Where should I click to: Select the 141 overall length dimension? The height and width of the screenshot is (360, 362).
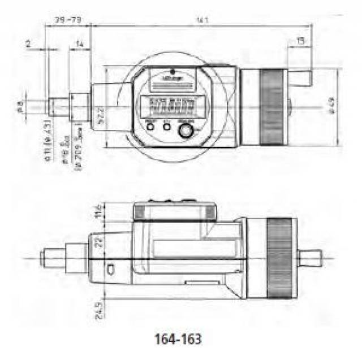(202, 21)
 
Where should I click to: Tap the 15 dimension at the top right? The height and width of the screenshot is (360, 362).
(299, 41)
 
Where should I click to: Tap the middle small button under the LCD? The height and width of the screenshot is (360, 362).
(167, 127)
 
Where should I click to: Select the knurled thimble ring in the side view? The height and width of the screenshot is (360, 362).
(281, 258)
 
